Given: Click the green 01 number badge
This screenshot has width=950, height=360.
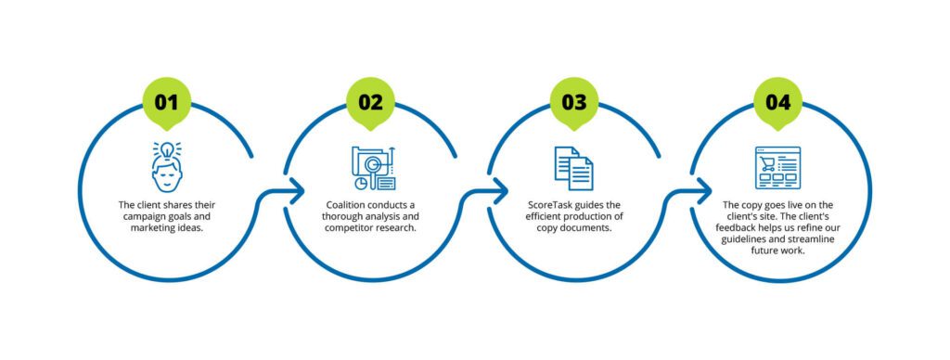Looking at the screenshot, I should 166,102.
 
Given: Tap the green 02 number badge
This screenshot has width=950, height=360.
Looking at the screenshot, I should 370,102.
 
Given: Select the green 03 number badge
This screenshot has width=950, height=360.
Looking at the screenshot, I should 574,102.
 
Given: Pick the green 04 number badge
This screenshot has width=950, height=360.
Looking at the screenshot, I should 778,102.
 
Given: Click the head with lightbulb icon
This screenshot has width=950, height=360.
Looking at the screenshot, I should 166,166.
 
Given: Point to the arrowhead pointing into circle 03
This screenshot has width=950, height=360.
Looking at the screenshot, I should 503,193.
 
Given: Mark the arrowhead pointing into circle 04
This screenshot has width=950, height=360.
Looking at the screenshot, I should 707,193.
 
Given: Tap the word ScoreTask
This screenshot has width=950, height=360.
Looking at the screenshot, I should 546,204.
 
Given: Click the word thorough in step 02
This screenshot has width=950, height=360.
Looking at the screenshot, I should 345,216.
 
